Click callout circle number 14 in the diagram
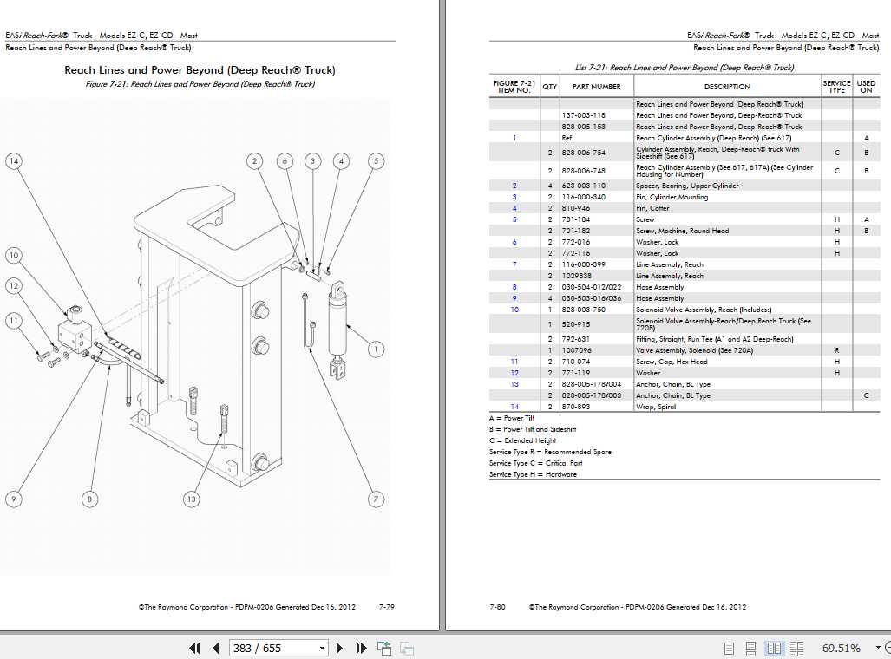(x=13, y=160)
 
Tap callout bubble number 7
(x=377, y=499)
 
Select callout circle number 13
(x=192, y=499)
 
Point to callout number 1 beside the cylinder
(x=376, y=349)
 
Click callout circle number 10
(x=13, y=255)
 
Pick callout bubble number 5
(x=376, y=160)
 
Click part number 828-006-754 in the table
(x=583, y=152)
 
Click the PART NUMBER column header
(x=596, y=87)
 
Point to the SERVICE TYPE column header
(x=836, y=87)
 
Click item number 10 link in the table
(x=514, y=310)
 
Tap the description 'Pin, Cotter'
(x=653, y=208)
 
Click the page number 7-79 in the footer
(x=387, y=607)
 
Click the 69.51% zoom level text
(x=842, y=648)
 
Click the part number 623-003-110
(x=583, y=186)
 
